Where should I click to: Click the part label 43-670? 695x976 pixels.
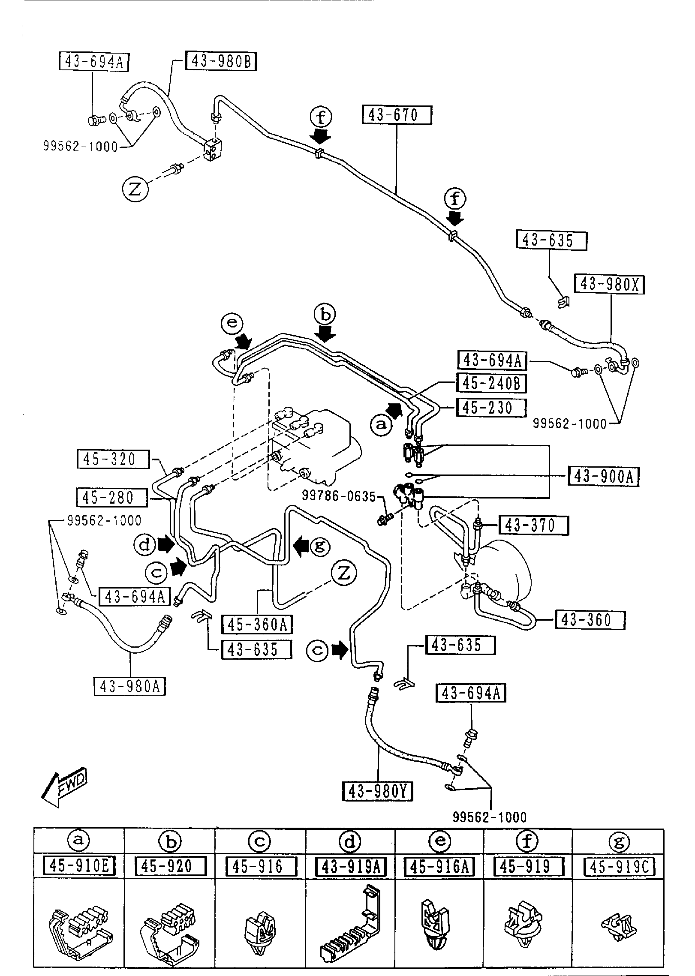tap(397, 115)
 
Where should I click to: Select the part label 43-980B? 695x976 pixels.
tap(221, 61)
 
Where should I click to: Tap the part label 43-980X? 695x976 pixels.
tap(610, 284)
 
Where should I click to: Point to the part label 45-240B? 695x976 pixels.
tap(491, 383)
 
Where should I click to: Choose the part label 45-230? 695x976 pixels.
tap(491, 408)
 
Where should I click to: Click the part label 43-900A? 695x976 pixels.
tap(603, 476)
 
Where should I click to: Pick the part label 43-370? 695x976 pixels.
tap(533, 526)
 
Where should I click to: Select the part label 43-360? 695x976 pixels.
tap(590, 620)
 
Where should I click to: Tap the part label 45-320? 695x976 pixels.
tap(113, 459)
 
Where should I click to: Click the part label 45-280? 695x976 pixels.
tap(111, 498)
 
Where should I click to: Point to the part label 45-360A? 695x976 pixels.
tap(257, 625)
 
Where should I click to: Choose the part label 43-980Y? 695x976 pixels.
tap(377, 791)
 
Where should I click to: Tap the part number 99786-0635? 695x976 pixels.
tap(339, 496)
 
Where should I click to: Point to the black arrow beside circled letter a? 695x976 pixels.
tap(394, 410)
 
